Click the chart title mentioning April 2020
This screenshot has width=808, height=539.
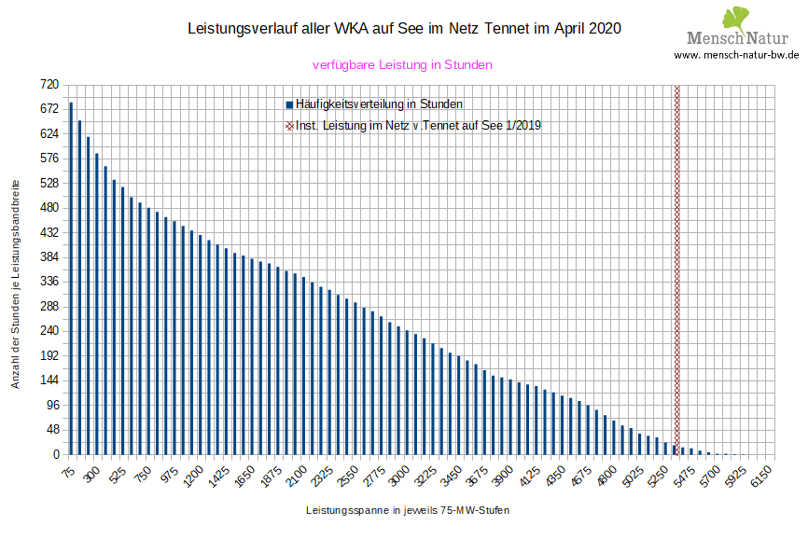pyautogui.click(x=404, y=29)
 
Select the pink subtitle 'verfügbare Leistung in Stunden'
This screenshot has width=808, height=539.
pyautogui.click(x=402, y=65)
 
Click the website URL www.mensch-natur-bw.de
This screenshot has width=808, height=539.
pyautogui.click(x=736, y=55)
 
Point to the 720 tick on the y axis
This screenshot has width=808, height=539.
pyautogui.click(x=49, y=84)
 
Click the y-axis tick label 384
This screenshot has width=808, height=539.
pyautogui.click(x=49, y=256)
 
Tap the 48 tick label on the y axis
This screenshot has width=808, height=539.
pyautogui.click(x=52, y=430)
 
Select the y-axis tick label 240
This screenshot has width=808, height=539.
pyautogui.click(x=49, y=331)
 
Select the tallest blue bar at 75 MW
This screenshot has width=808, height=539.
pyautogui.click(x=71, y=280)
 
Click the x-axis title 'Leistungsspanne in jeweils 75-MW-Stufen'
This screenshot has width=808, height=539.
pyautogui.click(x=408, y=511)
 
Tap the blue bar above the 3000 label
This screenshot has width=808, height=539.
pyautogui.click(x=407, y=393)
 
